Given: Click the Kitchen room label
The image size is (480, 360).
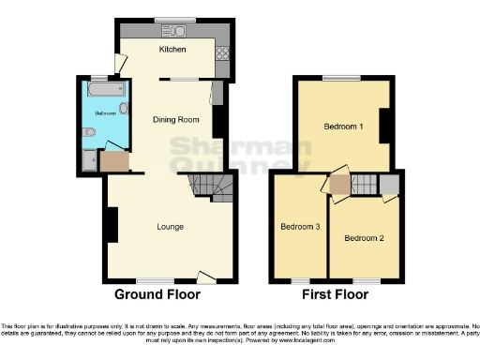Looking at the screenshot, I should [172, 50].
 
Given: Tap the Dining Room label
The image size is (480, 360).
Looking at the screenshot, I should [177, 119].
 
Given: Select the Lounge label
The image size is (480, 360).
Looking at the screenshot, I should [170, 227].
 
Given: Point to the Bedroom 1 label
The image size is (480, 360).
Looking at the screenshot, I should [344, 126].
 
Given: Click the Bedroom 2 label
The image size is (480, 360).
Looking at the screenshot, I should [364, 238].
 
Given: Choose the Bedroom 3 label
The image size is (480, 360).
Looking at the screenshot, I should [300, 227].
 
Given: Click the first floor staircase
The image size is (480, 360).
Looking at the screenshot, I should [364, 184].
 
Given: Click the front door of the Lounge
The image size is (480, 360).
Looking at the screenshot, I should [204, 277].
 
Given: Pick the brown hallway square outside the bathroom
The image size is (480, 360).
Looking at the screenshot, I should [115, 161].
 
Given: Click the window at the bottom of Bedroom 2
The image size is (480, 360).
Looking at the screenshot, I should [366, 281].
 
